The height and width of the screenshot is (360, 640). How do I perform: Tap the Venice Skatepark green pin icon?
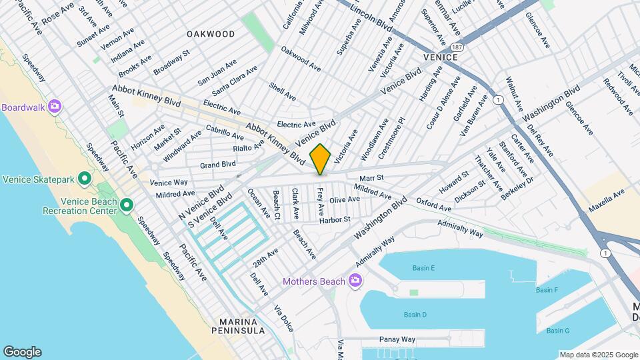pos(85,179)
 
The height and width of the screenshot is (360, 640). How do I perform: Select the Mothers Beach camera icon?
pos(355,281)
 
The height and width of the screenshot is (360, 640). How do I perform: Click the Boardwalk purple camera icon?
pos(55,107)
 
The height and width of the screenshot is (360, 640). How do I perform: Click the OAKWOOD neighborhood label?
pos(211,34)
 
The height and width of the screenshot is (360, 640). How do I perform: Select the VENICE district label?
pos(440,57)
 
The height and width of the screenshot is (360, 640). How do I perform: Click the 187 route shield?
pos(455,48)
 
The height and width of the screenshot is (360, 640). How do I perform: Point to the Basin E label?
pos(423,268)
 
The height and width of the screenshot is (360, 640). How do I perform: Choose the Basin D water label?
pos(415,315)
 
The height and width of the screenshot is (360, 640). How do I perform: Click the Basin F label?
pos(547,290)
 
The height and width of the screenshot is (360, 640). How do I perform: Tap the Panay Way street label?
pos(397,339)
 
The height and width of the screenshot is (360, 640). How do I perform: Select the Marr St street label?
pos(372,178)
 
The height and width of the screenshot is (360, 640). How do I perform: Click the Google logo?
pos(22,351)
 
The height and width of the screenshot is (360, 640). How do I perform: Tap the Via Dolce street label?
pos(283,319)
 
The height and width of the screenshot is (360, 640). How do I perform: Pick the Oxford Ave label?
pos(433,204)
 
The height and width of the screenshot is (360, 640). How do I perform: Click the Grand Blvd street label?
pos(218,163)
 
